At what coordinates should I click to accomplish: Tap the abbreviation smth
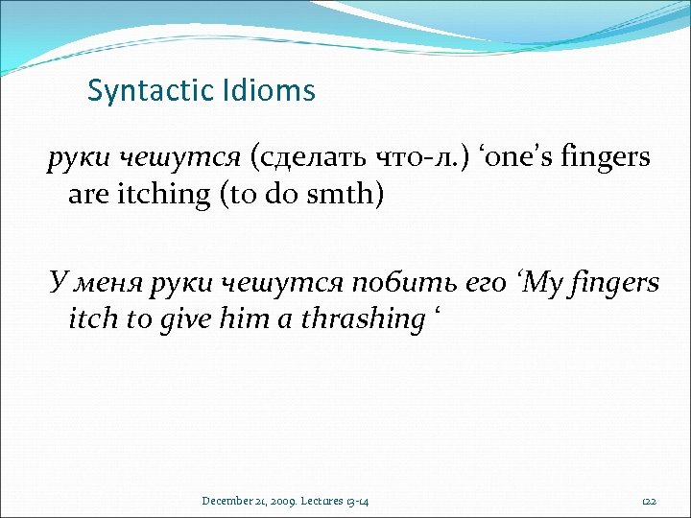pyautogui.click(x=340, y=196)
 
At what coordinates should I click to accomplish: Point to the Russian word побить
pyautogui.click(x=372, y=283)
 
